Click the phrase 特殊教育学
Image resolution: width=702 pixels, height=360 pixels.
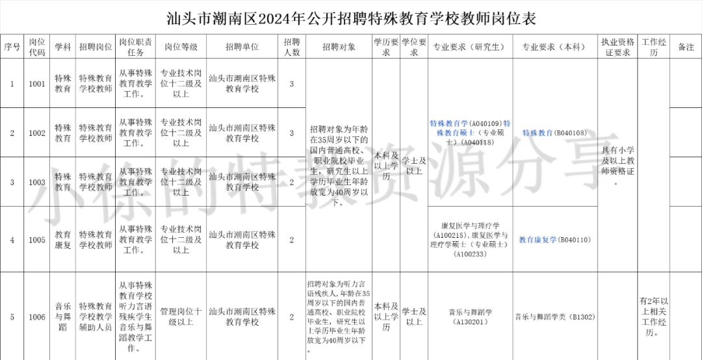pyautogui.click(x=448, y=123)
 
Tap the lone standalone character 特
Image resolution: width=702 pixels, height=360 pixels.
pyautogui.click(x=507, y=123)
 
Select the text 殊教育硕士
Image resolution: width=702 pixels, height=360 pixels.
pyautogui.click(x=455, y=133)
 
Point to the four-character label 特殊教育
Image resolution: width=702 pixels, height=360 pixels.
pyautogui.click(x=538, y=133)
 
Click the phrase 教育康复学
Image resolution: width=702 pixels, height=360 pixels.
pyautogui.click(x=538, y=240)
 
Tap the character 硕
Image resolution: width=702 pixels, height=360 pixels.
pyautogui.click(x=463, y=133)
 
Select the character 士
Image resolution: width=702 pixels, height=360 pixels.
pyautogui.click(x=471, y=133)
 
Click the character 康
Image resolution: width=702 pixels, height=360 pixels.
pyautogui.click(x=538, y=240)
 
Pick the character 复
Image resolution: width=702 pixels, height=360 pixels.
pyautogui.click(x=545, y=240)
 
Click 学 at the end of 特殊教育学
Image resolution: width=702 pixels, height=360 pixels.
pyautogui.click(x=464, y=123)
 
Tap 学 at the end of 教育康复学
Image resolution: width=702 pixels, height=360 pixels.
pyautogui.click(x=553, y=240)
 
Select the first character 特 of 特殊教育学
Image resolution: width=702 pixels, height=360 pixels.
pyautogui.click(x=433, y=123)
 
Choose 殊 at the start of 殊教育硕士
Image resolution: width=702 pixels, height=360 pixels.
pyautogui.click(x=439, y=133)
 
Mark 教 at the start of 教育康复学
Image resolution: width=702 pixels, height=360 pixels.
pyautogui.click(x=522, y=240)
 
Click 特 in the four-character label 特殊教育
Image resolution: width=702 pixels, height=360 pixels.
pyautogui.click(x=526, y=133)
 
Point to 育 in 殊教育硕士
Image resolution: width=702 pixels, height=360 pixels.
pyautogui.click(x=455, y=133)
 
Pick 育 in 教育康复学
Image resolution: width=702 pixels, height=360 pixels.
pyautogui.click(x=530, y=240)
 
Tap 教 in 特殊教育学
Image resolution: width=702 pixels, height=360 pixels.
pyautogui.click(x=448, y=123)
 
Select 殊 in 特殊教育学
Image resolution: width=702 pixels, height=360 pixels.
pyautogui.click(x=441, y=123)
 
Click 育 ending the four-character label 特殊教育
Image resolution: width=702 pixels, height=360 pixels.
pyautogui.click(x=549, y=133)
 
